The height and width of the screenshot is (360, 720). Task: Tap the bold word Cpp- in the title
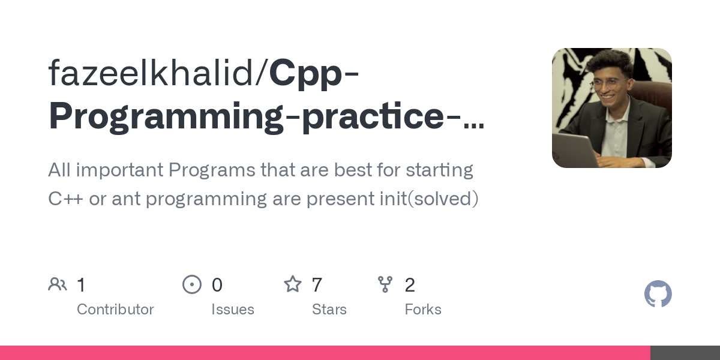click(x=314, y=73)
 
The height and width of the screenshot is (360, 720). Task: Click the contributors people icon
click(x=58, y=284)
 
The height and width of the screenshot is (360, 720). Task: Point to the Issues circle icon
click(x=192, y=284)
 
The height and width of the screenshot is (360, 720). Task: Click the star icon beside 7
click(x=293, y=284)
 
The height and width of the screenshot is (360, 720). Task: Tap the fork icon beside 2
click(x=385, y=284)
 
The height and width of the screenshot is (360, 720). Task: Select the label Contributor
click(x=115, y=310)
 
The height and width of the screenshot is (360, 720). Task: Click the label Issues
click(x=233, y=310)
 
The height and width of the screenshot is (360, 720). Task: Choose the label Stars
click(x=329, y=310)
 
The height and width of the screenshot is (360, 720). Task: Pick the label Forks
click(x=423, y=310)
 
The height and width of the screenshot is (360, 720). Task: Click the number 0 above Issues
click(x=217, y=285)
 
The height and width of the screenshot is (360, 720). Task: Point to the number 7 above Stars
click(x=317, y=285)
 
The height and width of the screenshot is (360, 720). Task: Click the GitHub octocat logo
click(x=658, y=294)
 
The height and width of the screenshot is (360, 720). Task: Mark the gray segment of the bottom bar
click(x=685, y=353)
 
